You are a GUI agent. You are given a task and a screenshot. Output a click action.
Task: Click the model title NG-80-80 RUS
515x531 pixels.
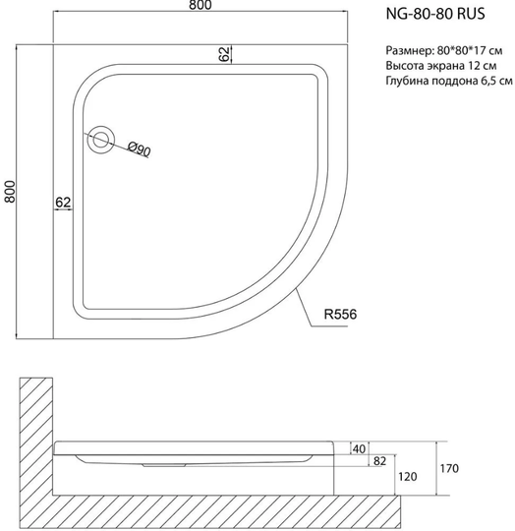point(435,14)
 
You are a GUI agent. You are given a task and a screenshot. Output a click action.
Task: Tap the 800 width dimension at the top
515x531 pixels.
point(200,5)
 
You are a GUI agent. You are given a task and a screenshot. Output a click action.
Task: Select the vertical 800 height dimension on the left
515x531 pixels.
point(10,192)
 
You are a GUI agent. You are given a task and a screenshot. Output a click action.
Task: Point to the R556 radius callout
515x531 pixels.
point(340,315)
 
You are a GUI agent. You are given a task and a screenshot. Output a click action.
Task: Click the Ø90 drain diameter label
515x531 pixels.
point(140,149)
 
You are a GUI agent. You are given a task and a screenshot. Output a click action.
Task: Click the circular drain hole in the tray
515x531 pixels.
point(100,140)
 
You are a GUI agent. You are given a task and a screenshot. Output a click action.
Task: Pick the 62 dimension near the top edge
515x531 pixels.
point(225,54)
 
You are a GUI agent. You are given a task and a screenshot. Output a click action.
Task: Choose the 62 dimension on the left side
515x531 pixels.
point(63,203)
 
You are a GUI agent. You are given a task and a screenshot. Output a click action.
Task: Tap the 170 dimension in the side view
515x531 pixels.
point(449,469)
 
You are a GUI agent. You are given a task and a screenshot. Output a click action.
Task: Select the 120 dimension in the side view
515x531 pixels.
point(408,477)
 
